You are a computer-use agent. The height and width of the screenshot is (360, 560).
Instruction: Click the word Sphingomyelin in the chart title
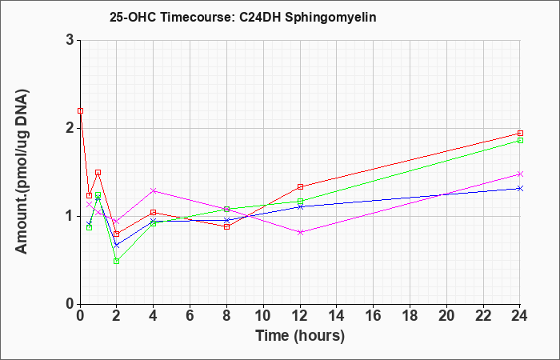click(330, 18)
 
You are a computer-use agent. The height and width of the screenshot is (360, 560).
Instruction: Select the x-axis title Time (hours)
click(300, 336)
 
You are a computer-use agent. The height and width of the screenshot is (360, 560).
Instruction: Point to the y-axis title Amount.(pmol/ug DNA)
click(22, 171)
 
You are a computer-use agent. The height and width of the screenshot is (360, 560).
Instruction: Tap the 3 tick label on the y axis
click(70, 40)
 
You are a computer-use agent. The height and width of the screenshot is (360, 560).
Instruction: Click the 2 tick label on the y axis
click(70, 128)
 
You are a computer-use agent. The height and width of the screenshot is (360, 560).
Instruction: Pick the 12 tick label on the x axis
click(300, 316)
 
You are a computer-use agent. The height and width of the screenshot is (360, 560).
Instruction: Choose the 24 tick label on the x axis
click(520, 316)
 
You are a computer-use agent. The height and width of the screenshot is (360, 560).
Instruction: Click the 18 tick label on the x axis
click(410, 316)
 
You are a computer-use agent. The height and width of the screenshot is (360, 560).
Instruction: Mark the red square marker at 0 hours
click(80, 110)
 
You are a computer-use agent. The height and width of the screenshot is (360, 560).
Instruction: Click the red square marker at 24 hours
click(520, 134)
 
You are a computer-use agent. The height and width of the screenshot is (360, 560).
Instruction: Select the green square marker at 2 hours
click(116, 261)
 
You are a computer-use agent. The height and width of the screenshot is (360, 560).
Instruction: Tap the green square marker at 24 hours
click(520, 140)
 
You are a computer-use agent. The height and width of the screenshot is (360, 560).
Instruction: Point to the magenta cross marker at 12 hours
click(300, 232)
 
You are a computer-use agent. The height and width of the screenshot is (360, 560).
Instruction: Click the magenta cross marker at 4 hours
click(154, 190)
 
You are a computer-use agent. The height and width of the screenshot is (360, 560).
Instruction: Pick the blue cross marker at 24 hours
click(520, 188)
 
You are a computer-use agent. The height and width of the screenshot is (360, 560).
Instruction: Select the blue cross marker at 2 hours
click(116, 246)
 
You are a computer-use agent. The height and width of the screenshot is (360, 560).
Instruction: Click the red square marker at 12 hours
click(300, 186)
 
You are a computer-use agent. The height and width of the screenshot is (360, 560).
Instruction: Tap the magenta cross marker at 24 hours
click(520, 174)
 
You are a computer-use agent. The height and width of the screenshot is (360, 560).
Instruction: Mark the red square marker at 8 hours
click(226, 226)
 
